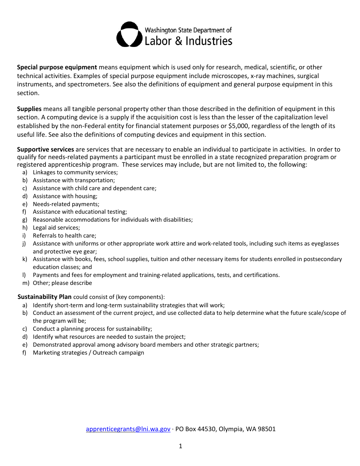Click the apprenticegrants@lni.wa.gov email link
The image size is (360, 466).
(128, 429)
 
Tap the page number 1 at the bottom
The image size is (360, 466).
(180, 446)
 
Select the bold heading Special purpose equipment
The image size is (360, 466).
(57, 67)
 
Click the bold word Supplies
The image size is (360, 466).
(29, 109)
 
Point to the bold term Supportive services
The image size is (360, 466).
(45, 149)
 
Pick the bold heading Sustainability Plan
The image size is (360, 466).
(44, 297)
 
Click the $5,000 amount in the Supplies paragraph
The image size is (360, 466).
(238, 126)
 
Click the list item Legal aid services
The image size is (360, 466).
(56, 228)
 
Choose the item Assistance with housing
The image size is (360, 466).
(65, 196)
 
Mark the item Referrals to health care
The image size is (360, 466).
(64, 236)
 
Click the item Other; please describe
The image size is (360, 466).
(62, 283)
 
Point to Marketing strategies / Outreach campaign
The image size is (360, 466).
(88, 353)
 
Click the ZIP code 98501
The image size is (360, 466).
(266, 429)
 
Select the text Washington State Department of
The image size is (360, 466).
(188, 30)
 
